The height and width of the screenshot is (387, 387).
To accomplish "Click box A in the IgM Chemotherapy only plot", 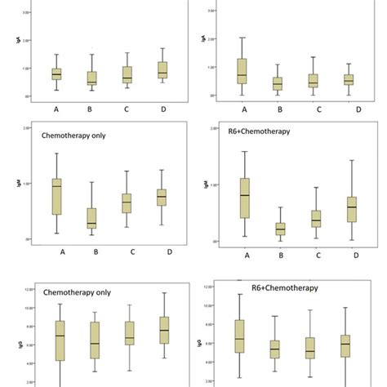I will tap(56, 197).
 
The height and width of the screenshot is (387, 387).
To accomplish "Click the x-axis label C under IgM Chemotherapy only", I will tap(127, 251).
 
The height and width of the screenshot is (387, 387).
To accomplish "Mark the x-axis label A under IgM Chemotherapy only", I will tap(62, 251).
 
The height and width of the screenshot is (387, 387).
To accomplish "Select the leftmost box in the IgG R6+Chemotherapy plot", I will tap(239, 334).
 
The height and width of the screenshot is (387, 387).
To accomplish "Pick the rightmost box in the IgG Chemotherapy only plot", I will tap(164, 329).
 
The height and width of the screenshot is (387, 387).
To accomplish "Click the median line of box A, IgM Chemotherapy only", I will tap(56, 186).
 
